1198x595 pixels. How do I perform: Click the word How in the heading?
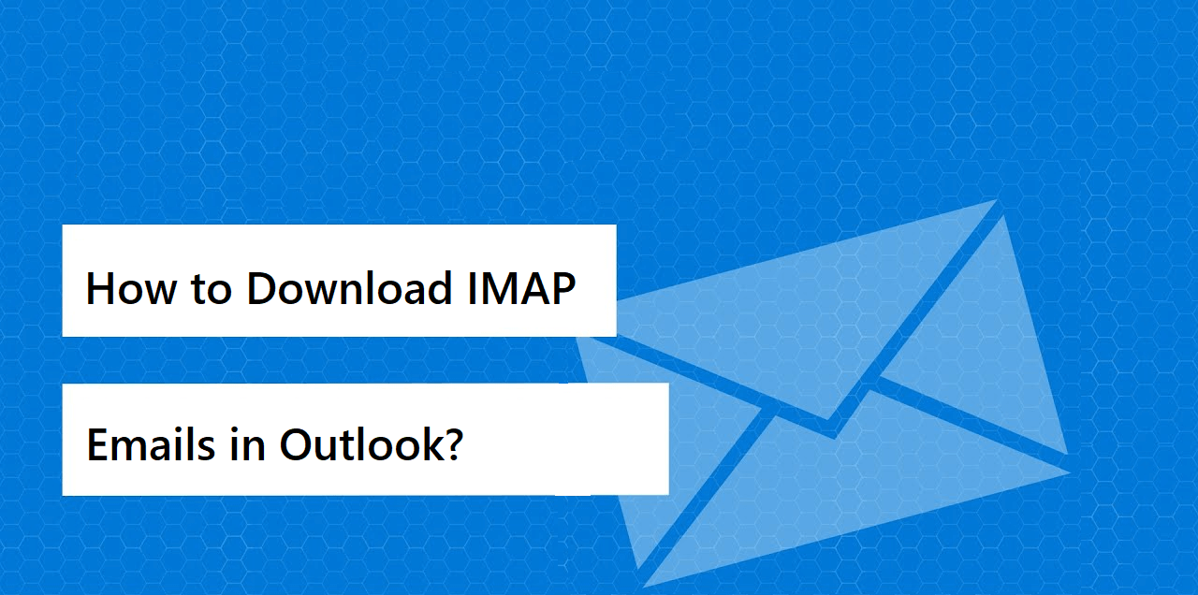[132, 289]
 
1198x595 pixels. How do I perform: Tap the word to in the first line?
[212, 290]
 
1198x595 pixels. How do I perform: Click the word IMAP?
[521, 289]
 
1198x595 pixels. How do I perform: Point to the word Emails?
[151, 444]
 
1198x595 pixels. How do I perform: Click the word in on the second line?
[248, 444]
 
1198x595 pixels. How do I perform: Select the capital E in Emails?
[98, 444]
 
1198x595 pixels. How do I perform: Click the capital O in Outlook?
[297, 444]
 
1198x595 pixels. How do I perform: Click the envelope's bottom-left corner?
[642, 587]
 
